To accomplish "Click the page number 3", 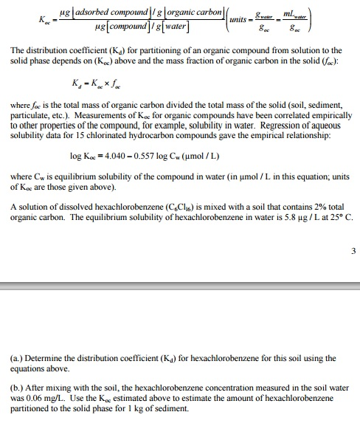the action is pos(353,250).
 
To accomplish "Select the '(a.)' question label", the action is pos(15,358).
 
